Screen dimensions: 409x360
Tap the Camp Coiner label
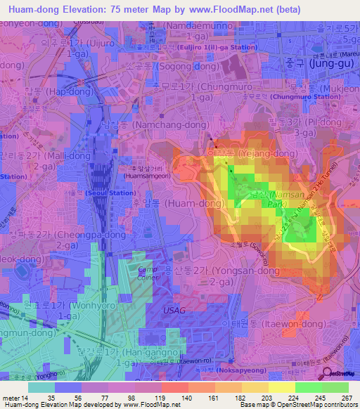(146, 273)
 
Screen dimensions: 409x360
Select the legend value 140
(188, 397)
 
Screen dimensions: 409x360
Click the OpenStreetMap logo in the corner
(340, 373)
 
